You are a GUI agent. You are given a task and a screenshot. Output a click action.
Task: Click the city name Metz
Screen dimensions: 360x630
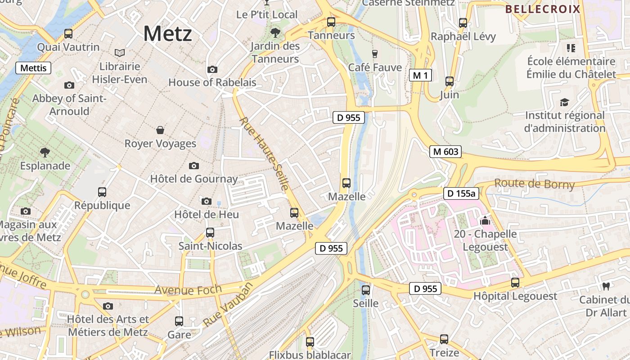[x=167, y=34]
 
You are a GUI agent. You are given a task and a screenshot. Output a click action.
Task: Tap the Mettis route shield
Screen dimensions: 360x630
[x=34, y=68]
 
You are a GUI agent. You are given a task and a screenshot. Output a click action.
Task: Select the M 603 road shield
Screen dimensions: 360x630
[x=445, y=152]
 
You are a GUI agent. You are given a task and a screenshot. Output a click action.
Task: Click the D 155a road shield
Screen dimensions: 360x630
[x=461, y=193]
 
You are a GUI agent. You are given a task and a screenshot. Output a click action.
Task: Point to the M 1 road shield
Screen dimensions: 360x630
[x=420, y=75]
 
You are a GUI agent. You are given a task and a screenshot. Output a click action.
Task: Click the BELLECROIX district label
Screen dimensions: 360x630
[x=543, y=9]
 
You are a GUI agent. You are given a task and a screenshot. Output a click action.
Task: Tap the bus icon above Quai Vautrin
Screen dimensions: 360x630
[x=68, y=33]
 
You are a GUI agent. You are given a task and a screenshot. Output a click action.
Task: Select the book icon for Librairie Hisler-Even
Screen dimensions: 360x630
[x=119, y=53]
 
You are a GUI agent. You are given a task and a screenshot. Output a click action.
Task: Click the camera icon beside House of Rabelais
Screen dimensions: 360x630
[x=212, y=69]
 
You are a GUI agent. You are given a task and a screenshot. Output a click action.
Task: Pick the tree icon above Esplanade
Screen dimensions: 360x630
[x=45, y=152]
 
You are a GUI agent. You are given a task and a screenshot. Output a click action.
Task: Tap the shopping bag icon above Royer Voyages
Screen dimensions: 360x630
[x=160, y=130]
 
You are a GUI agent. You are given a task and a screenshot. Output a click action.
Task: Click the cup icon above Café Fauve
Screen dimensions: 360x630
[x=374, y=54]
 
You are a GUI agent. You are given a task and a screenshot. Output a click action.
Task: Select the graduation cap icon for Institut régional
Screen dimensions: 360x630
[x=564, y=102]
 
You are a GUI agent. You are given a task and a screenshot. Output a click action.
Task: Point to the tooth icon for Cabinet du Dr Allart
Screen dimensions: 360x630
[x=606, y=286]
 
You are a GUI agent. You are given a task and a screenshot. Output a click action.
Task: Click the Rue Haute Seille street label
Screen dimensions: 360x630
[x=264, y=153]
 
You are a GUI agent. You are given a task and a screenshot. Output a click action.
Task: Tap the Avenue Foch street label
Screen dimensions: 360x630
[x=188, y=289]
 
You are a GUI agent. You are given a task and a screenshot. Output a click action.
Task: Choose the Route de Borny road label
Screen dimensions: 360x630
[x=535, y=184]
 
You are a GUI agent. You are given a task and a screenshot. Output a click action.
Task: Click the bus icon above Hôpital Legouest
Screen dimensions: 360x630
[x=515, y=283]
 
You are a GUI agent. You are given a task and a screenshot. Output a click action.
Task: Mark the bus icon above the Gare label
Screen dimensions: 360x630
[x=179, y=321]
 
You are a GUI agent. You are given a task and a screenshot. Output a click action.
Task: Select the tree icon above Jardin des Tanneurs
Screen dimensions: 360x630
[x=275, y=32]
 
